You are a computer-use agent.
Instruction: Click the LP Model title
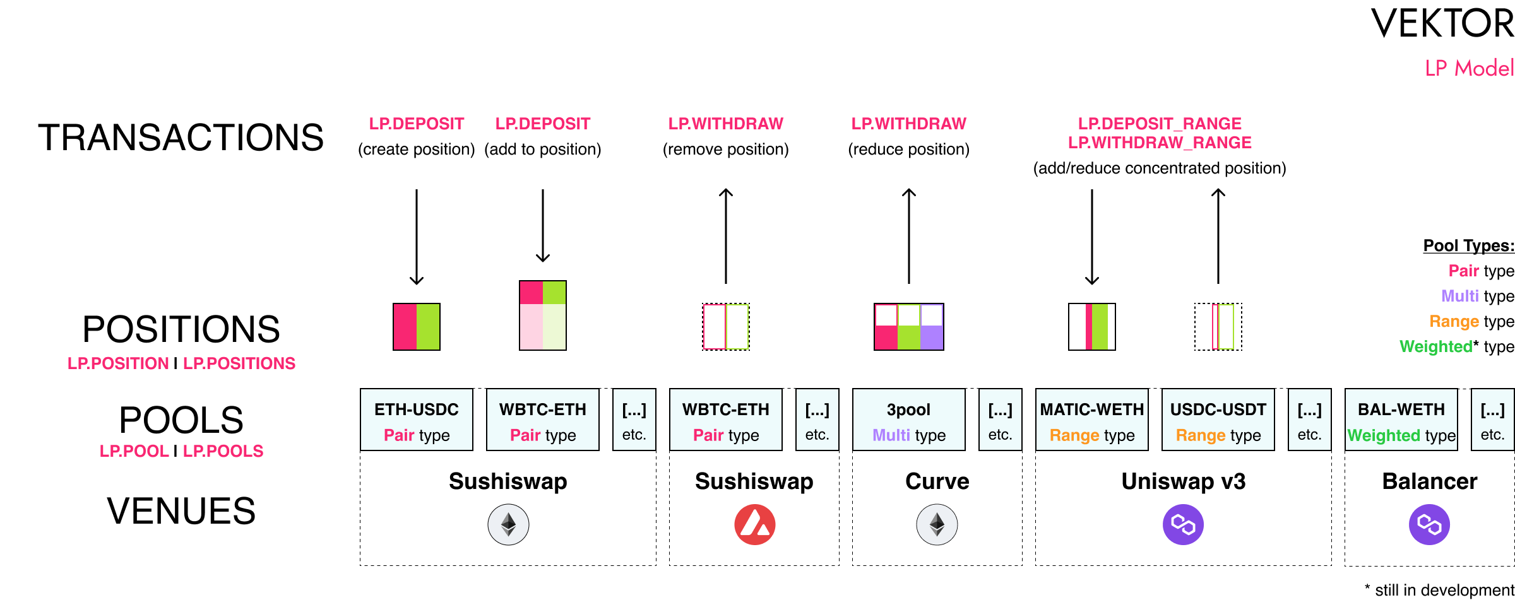(1469, 68)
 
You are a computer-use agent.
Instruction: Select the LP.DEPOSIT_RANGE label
(1159, 124)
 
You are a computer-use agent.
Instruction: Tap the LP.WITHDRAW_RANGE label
(1159, 143)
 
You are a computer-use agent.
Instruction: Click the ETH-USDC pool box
(416, 420)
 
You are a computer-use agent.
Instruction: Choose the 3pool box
(908, 420)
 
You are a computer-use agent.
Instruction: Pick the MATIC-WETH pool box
(1091, 420)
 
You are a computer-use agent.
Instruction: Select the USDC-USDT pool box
(1218, 420)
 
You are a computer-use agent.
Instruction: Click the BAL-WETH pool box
(1401, 420)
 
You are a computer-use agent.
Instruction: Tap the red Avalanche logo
(754, 524)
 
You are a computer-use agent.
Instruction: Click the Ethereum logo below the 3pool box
(937, 524)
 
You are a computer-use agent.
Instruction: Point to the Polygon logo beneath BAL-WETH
(1429, 524)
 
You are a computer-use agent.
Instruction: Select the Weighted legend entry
(1435, 346)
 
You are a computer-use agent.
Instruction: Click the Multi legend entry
(1459, 296)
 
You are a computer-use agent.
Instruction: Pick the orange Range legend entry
(1454, 321)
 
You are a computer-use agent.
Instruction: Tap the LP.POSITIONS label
(239, 363)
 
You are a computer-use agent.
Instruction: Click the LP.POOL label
(134, 451)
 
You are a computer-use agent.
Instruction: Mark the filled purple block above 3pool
(931, 338)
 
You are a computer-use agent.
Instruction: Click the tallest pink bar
(531, 315)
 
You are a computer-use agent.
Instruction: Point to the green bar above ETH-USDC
(427, 327)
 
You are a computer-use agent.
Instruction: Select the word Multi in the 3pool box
(891, 435)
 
